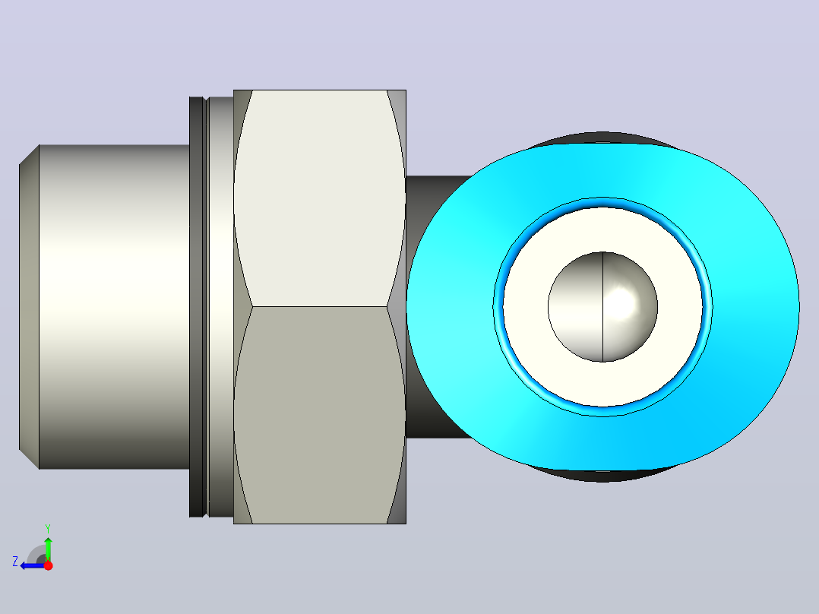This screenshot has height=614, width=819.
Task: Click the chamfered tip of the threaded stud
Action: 29,307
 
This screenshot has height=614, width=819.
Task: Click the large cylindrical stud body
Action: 115,307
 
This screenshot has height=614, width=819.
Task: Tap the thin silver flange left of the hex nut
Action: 220,307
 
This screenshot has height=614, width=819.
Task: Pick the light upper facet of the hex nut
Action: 320,198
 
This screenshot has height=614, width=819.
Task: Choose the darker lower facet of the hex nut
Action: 320,415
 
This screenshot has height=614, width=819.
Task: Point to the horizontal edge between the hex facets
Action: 320,306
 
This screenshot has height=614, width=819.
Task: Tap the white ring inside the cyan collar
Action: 602,230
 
